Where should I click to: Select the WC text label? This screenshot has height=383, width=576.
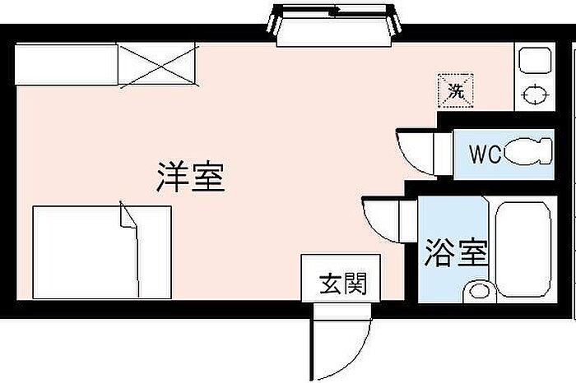(485, 155)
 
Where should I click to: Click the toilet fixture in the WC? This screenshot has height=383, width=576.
(527, 154)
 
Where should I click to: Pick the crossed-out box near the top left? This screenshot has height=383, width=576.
(157, 65)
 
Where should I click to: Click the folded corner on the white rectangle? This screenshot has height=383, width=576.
(128, 217)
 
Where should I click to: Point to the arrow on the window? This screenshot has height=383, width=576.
(335, 12)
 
